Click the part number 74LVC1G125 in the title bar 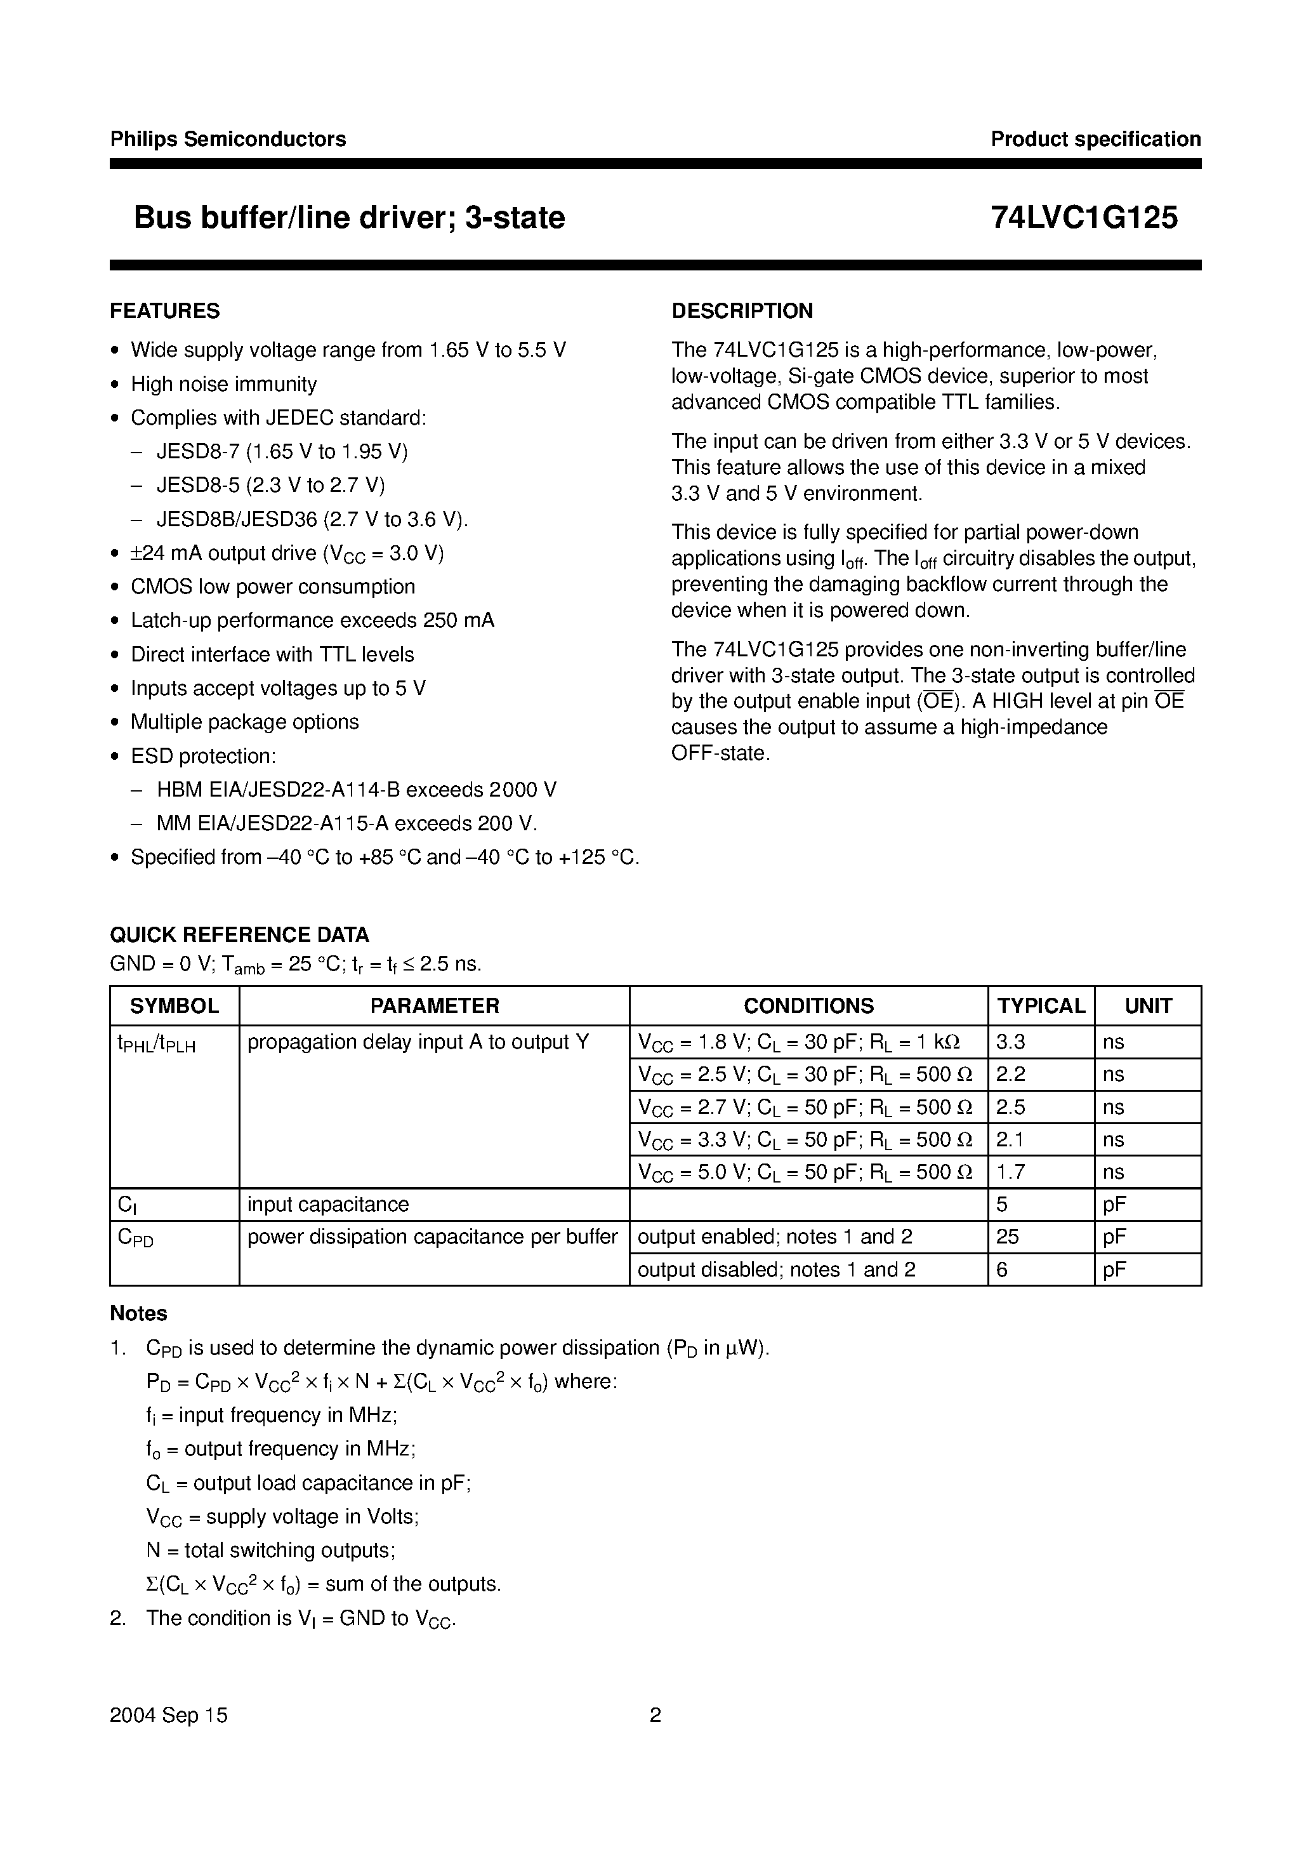point(1084,218)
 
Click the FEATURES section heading point(165,311)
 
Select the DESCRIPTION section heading point(742,311)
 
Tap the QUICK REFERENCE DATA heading point(239,934)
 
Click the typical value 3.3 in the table point(1010,1042)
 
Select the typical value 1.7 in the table point(1010,1172)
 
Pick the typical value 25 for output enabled point(1008,1236)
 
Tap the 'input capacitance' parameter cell point(328,1205)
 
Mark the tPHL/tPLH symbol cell point(157,1044)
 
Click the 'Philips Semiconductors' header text point(228,139)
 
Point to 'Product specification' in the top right point(1095,139)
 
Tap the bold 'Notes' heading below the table point(139,1313)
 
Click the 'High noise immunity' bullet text point(224,384)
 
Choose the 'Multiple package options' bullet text point(245,722)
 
